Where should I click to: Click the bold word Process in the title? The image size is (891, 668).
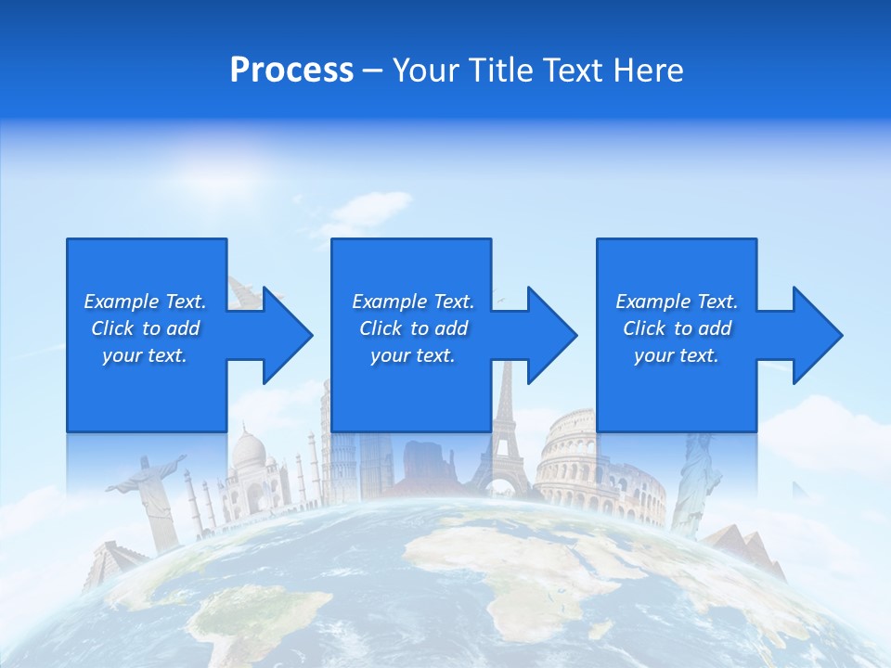tap(291, 71)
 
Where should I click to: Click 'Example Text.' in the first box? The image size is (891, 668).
tap(145, 302)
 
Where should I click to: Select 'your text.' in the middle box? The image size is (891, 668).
tap(412, 355)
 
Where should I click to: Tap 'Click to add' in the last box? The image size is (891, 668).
tap(677, 328)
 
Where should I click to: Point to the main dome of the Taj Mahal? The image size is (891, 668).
tap(249, 450)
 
